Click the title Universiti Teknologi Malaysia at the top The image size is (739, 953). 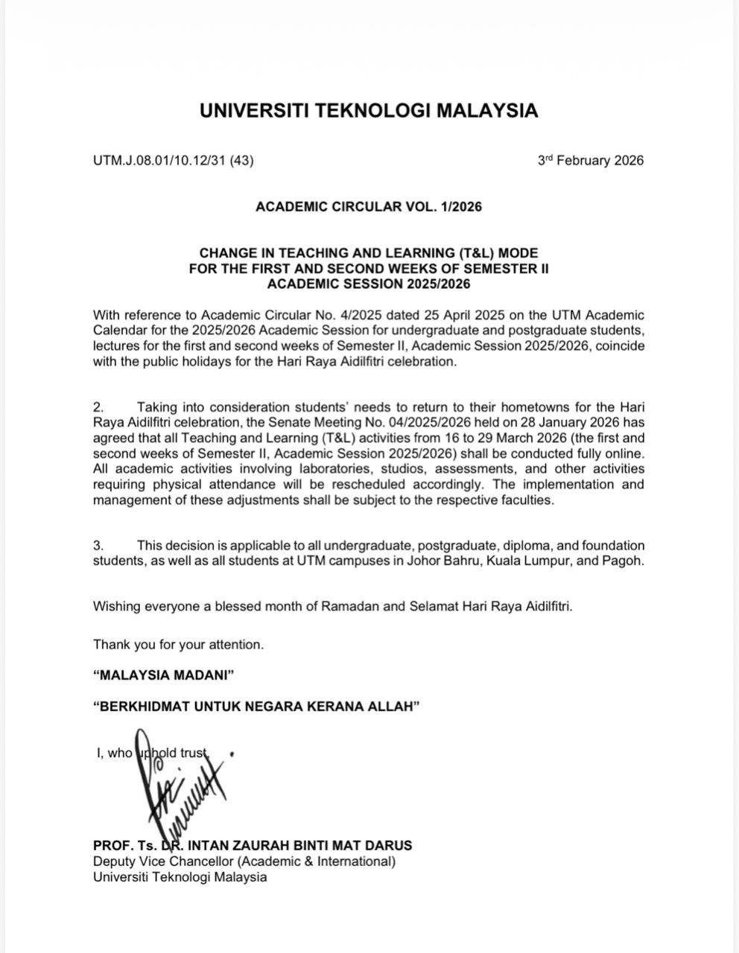coord(369,111)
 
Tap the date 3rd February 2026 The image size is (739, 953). coord(590,161)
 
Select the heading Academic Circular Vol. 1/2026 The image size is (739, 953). coord(369,206)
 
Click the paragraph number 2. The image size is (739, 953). coord(98,407)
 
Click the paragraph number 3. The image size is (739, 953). coord(98,546)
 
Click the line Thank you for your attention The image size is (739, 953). coord(178,644)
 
